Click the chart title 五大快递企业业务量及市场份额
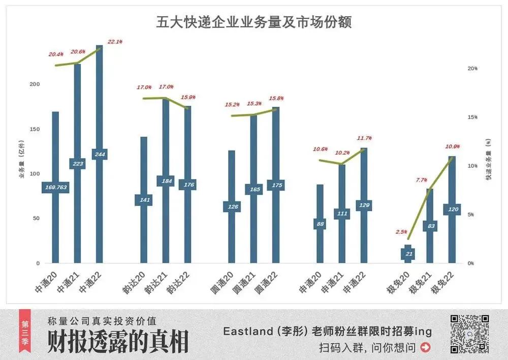click(x=253, y=23)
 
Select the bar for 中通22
click(x=100, y=102)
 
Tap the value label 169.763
click(x=55, y=188)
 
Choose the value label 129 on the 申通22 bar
click(x=364, y=205)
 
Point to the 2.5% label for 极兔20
click(x=401, y=232)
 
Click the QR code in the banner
click(x=470, y=334)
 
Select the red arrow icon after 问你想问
click(x=426, y=348)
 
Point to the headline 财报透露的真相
click(x=118, y=341)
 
